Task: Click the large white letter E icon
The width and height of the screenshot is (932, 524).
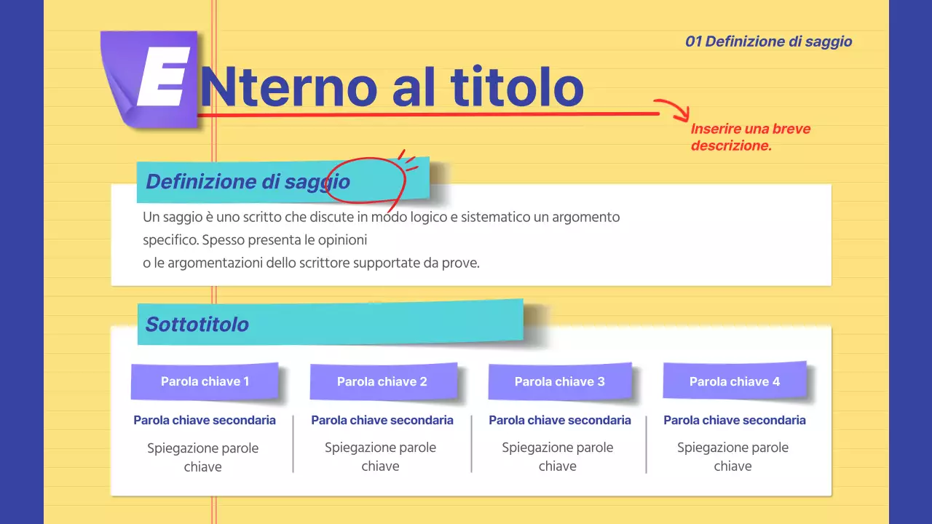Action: pyautogui.click(x=162, y=76)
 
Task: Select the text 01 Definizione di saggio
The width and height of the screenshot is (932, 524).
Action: pyautogui.click(x=768, y=41)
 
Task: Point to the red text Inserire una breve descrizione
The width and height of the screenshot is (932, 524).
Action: pyautogui.click(x=750, y=137)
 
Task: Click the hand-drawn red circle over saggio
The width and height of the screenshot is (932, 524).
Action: pyautogui.click(x=365, y=180)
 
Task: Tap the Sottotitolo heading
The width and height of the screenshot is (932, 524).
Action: pyautogui.click(x=197, y=324)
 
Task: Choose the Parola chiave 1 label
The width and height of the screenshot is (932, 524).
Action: pyautogui.click(x=205, y=381)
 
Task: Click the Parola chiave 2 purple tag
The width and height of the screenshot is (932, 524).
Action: pyautogui.click(x=382, y=381)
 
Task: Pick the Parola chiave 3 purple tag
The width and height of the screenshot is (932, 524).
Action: pyautogui.click(x=560, y=381)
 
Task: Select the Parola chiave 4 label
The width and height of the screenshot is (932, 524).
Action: pyautogui.click(x=735, y=381)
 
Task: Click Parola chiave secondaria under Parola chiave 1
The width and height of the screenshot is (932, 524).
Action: pyautogui.click(x=205, y=420)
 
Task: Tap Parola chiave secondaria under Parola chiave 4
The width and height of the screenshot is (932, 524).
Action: pyautogui.click(x=735, y=420)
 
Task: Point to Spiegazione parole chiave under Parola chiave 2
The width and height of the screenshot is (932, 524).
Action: pyautogui.click(x=380, y=456)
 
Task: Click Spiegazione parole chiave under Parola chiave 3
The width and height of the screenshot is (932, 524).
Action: pyautogui.click(x=558, y=456)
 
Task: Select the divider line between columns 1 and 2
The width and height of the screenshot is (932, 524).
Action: pyautogui.click(x=293, y=444)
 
